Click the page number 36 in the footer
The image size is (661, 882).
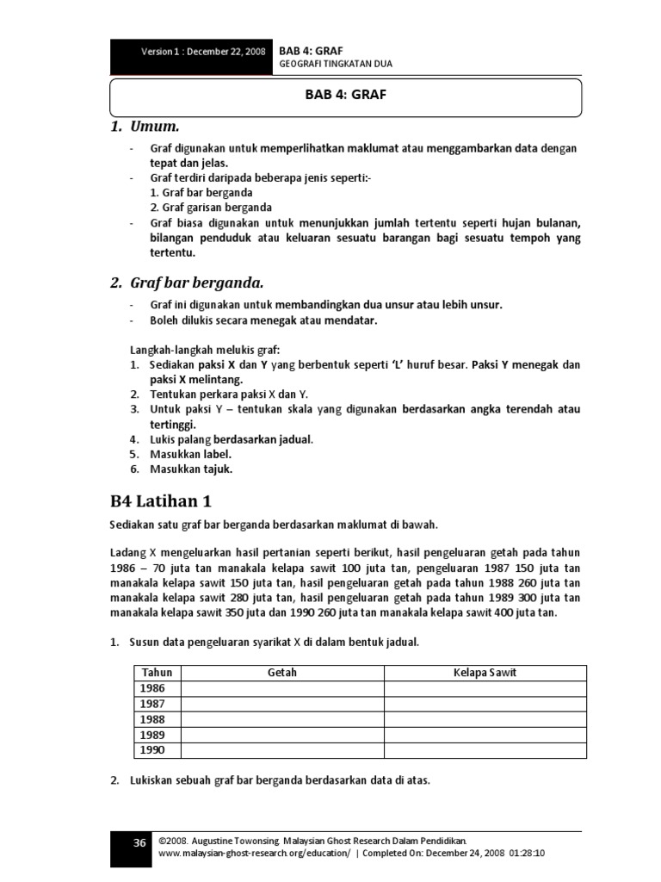(139, 843)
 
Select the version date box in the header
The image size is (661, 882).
(191, 53)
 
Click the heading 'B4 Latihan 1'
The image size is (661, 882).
(161, 500)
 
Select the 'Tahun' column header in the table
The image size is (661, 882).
(158, 673)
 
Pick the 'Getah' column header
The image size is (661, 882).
(282, 673)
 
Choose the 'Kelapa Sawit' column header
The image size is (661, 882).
(485, 673)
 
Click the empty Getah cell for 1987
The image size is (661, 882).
(282, 704)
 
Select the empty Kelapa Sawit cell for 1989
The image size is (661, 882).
(485, 735)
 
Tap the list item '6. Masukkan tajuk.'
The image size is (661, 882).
(181, 469)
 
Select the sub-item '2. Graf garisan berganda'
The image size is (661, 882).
(211, 208)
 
